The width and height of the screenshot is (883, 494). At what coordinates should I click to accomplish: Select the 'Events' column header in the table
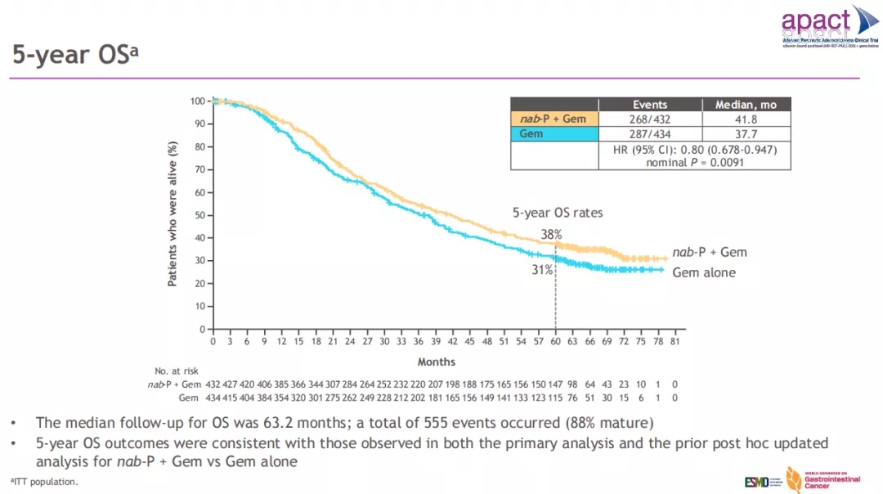[x=650, y=105]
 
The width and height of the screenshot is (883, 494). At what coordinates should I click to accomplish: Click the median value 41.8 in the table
[x=746, y=119]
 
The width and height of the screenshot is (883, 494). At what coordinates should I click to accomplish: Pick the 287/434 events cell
[x=650, y=133]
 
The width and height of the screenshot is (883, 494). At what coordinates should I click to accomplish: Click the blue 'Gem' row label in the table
[x=531, y=133]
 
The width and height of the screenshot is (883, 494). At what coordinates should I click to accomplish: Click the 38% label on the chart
[x=551, y=234]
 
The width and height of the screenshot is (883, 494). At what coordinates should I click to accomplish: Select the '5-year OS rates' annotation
[x=558, y=213]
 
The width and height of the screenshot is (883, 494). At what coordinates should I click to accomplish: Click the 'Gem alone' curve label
[x=704, y=272]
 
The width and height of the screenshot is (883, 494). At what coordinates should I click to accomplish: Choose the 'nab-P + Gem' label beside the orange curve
[x=709, y=252]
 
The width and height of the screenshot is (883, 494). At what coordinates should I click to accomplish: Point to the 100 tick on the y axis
[x=196, y=101]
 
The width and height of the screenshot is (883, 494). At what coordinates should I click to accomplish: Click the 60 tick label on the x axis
[x=555, y=341]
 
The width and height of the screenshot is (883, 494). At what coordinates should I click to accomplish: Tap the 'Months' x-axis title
[x=437, y=362]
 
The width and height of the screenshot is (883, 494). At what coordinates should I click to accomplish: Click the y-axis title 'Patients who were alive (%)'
[x=173, y=213]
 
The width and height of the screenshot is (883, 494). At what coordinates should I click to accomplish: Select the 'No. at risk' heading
[x=177, y=371]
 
